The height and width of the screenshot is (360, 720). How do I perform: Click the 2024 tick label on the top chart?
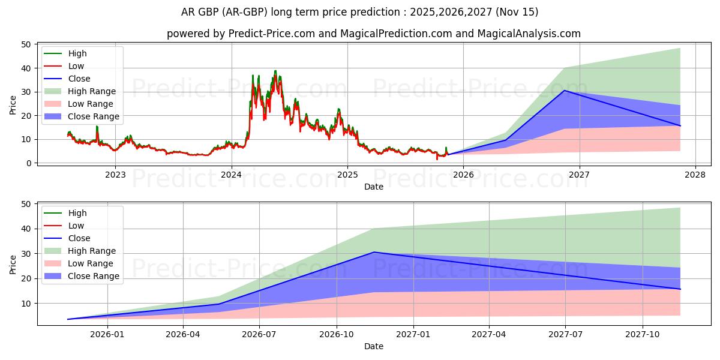[x=231, y=175]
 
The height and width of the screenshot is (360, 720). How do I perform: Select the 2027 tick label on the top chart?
[x=580, y=175]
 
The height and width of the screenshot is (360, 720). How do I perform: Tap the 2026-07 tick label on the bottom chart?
[x=259, y=335]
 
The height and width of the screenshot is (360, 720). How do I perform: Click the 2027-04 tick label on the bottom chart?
[x=489, y=335]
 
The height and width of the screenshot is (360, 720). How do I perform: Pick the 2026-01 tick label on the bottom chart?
[x=107, y=335]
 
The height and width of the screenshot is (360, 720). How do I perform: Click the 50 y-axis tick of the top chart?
[x=26, y=44]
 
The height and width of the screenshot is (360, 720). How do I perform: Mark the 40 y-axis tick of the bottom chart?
[x=26, y=229]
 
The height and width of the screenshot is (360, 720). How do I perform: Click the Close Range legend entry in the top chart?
[x=93, y=116]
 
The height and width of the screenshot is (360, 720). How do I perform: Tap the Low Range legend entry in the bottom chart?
[x=91, y=263]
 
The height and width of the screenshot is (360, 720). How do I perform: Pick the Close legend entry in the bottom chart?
[x=79, y=238]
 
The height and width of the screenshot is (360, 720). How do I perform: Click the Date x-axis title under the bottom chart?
[x=374, y=346]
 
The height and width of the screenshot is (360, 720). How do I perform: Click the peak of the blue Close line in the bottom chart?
[x=374, y=252]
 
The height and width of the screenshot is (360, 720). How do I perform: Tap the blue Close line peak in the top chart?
[x=564, y=91]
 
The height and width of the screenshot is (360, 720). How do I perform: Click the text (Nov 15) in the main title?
[x=516, y=12]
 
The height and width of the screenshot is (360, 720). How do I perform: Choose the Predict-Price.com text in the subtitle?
[x=272, y=34]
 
